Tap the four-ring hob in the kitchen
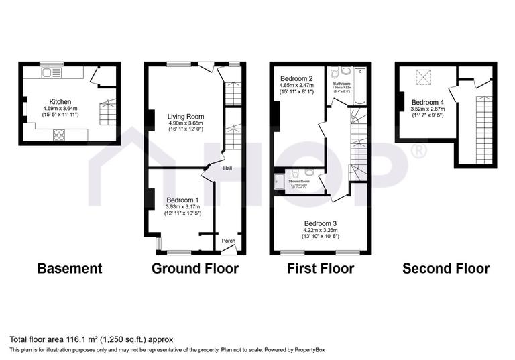click(58, 133)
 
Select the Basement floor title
click(70, 269)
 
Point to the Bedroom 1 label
click(182, 200)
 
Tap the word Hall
click(228, 168)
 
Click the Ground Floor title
click(195, 269)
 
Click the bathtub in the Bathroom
click(360, 88)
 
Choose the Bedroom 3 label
click(321, 223)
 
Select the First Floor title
click(320, 269)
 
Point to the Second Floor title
click(445, 269)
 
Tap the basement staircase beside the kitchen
click(106, 113)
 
